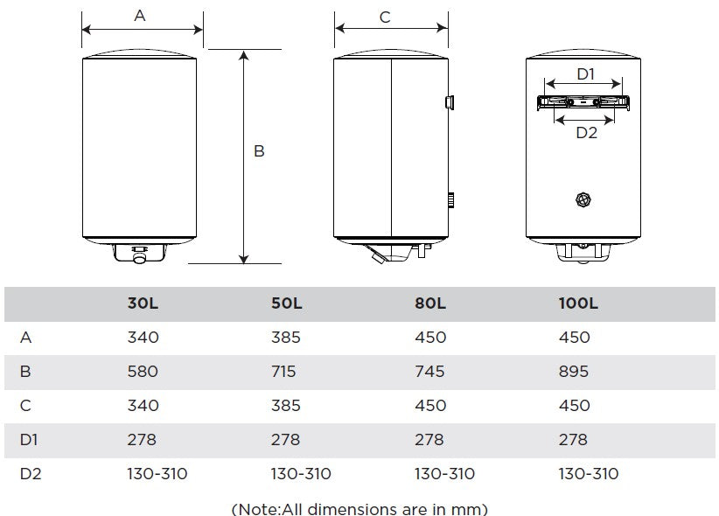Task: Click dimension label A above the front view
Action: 140,16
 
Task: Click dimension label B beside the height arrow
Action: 259,151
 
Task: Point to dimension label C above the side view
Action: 385,17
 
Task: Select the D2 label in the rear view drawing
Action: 585,133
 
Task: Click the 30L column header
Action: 143,303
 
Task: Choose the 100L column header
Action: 577,303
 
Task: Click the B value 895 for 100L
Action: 573,372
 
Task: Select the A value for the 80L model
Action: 429,338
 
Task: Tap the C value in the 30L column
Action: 143,406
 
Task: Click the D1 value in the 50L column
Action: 285,440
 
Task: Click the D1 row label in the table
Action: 28,440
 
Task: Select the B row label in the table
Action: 24,372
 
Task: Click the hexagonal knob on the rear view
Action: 583,200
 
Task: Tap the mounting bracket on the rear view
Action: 583,101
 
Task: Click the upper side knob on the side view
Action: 449,102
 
